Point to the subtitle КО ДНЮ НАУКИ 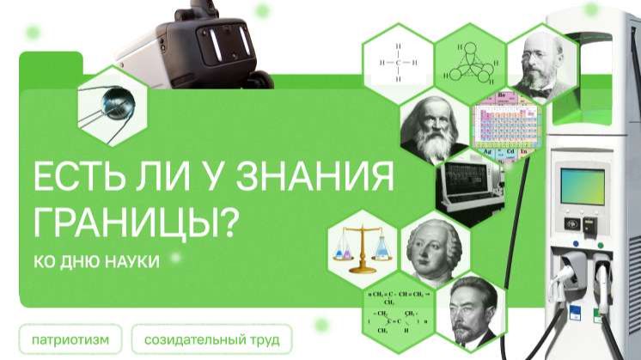coord(97,261)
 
